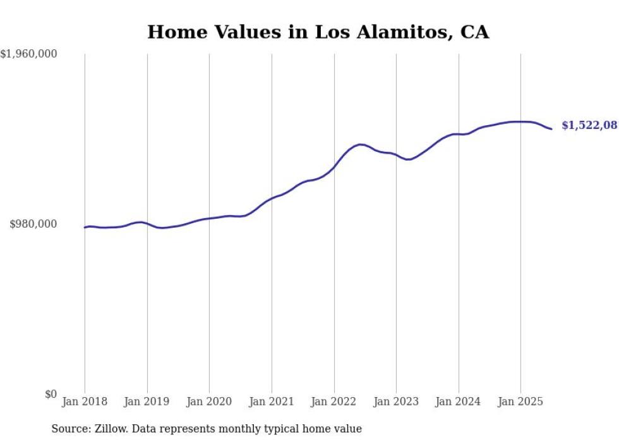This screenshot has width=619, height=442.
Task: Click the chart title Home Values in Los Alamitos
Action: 318,32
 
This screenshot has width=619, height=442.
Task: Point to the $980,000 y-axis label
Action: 33,224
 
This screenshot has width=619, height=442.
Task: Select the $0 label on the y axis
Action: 51,395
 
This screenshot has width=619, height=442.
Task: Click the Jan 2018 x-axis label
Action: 85,402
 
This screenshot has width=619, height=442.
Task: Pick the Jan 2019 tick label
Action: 147,402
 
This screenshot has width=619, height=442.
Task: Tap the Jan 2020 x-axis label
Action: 209,402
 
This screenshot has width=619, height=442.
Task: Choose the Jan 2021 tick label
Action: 272,402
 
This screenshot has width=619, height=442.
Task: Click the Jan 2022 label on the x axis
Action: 334,402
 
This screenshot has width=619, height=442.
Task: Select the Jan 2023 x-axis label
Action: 396,402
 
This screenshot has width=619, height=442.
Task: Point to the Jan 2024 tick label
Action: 459,402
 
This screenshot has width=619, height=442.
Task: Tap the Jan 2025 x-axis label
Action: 520,402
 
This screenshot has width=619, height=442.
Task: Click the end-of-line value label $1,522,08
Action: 589,126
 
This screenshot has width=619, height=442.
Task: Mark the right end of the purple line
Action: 552,129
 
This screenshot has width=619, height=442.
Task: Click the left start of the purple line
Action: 85,228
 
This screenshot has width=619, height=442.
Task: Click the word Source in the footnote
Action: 69,429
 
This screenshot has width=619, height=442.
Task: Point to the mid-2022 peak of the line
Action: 360,145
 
